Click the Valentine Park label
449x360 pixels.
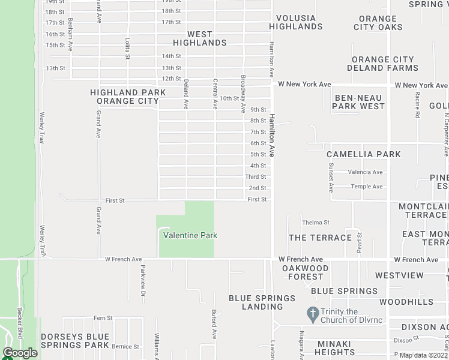tap(190, 236)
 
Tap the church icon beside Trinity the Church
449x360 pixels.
tap(312, 313)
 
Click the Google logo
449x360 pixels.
tap(20, 353)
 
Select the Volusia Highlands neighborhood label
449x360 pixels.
tap(295, 23)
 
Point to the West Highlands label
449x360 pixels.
tap(200, 38)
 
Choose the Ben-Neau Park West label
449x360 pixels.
tap(360, 102)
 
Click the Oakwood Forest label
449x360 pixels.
tap(306, 272)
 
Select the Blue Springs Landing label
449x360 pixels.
tap(262, 302)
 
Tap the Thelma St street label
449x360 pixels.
tap(316, 223)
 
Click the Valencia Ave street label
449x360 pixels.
tap(366, 172)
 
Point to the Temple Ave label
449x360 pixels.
tap(367, 187)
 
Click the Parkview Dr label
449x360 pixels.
tap(143, 280)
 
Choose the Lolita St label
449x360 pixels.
tap(127, 49)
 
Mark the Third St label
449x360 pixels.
tap(255, 177)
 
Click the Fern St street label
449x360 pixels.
tap(103, 317)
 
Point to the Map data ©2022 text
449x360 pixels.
tap(424, 355)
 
